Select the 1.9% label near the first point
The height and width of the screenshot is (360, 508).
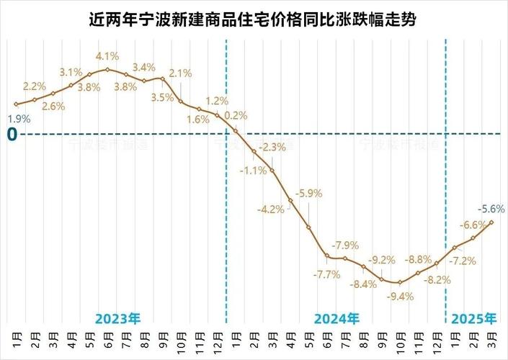pos(19,118)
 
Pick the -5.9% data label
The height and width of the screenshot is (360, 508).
pos(309,194)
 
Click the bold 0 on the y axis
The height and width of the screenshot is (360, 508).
pos(12,133)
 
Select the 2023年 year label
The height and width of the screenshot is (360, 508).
pos(117,318)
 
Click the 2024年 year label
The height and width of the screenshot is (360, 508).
pos(337,318)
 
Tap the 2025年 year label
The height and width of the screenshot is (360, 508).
pos(473,318)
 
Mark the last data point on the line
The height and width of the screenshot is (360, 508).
pos(491,222)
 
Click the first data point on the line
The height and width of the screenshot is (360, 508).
pos(16,104)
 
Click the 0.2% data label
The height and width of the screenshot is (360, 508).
pos(236,115)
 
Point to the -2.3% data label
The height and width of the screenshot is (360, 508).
pos(272,147)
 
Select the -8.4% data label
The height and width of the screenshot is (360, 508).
pos(363,284)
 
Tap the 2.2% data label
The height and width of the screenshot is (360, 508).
pos(35,86)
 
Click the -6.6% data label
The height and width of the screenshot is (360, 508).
pos(473,225)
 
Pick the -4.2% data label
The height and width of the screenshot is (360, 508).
pos(271,210)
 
